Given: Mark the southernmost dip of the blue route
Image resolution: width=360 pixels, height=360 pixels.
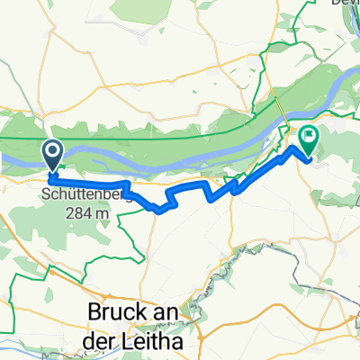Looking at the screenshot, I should pyautogui.click(x=160, y=212).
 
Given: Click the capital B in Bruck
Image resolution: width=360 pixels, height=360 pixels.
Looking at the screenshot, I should pyautogui.click(x=96, y=310).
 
